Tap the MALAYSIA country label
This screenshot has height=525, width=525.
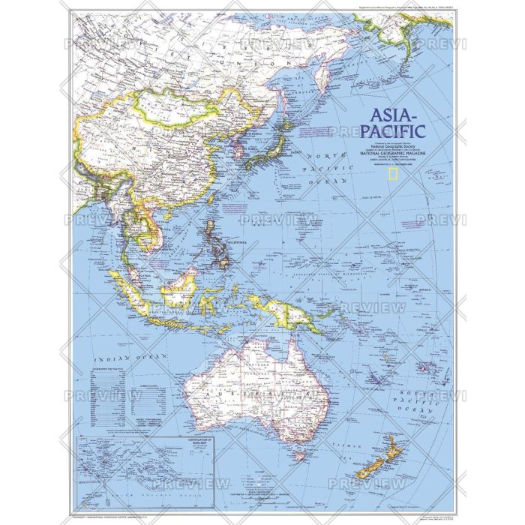[142, 277]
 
